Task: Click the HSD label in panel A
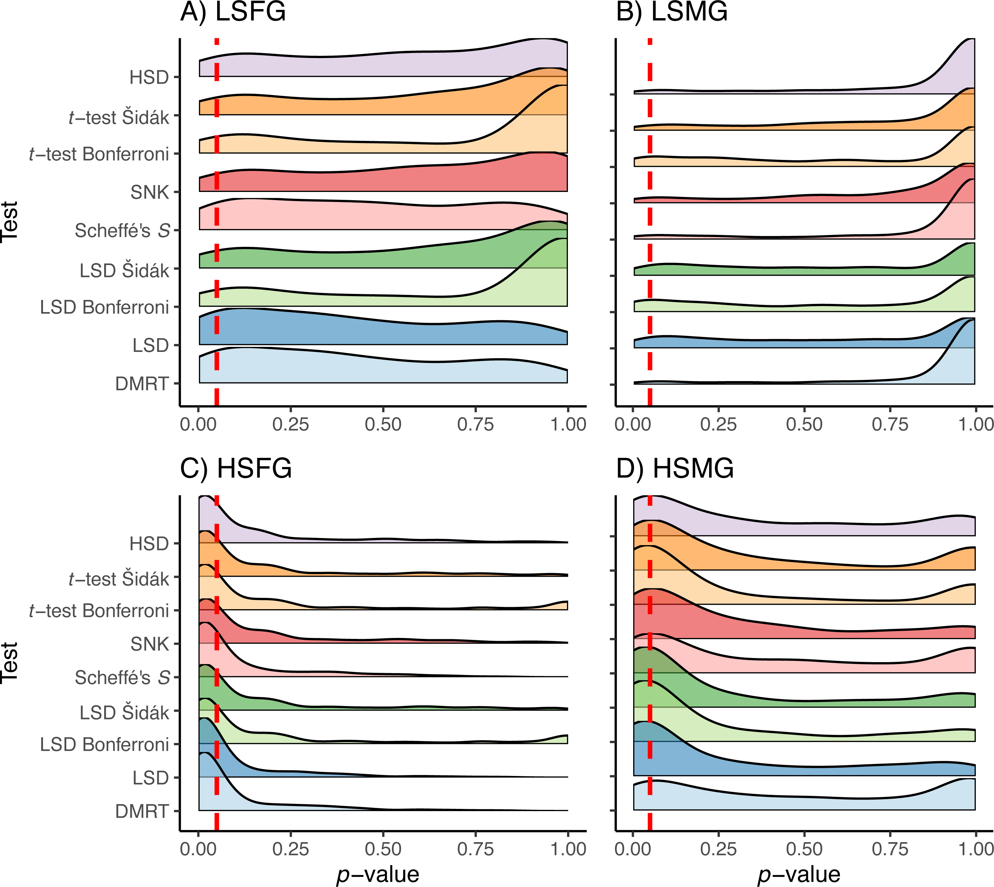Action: click(x=149, y=77)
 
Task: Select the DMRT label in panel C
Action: click(x=142, y=811)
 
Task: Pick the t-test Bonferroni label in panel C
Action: click(x=99, y=611)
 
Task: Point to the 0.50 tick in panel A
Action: click(x=383, y=424)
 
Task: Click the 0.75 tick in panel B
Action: click(x=890, y=424)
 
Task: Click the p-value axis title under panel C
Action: click(x=378, y=875)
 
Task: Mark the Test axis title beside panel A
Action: click(x=10, y=221)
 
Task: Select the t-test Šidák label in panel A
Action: click(x=119, y=117)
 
